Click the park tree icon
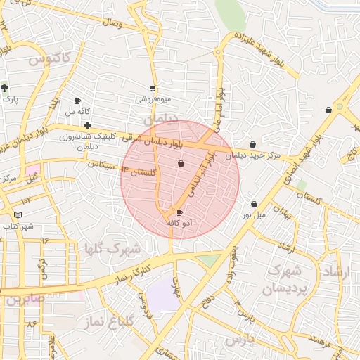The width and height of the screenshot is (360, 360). tap(5, 89)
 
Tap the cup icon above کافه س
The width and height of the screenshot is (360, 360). tap(77, 101)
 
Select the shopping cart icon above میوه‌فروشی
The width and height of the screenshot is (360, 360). tap(153, 89)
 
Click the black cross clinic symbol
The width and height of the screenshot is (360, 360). tap(86, 125)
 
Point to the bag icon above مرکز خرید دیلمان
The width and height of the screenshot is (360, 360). tap(253, 145)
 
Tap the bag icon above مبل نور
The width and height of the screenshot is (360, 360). tap(254, 205)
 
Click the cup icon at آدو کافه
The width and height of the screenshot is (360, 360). tap(179, 212)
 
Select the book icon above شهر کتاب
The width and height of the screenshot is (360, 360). tap(18, 215)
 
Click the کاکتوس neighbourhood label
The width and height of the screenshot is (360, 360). tap(51, 58)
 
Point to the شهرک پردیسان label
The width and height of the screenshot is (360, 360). tap(285, 279)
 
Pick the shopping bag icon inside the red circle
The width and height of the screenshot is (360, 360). tap(181, 164)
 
